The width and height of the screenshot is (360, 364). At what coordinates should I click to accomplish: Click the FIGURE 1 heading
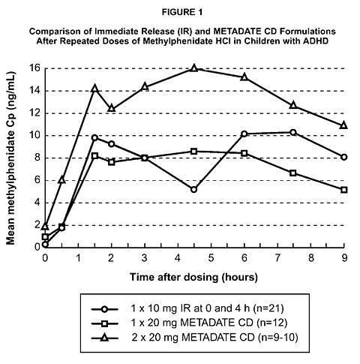point(182,12)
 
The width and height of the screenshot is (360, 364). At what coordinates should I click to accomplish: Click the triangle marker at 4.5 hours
point(194,68)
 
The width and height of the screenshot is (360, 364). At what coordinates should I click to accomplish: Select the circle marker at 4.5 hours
point(193,190)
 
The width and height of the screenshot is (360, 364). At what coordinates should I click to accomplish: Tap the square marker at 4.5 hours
point(194,152)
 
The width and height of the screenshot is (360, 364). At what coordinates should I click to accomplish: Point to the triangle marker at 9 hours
point(344,125)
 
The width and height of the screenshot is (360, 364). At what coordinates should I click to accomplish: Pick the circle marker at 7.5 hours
point(293,132)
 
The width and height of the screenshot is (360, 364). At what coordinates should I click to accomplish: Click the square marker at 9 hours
point(344,190)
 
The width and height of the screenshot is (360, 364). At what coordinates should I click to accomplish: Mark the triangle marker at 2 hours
point(112,108)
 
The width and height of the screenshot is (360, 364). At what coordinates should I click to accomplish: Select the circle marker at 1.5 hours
point(94,137)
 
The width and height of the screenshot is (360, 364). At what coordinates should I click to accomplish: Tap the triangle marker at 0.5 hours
point(61,179)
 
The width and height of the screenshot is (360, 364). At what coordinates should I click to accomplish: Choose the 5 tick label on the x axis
point(211,257)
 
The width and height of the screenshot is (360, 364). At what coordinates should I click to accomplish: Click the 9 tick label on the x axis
point(344,257)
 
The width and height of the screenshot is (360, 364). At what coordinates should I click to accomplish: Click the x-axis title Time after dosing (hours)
point(193,278)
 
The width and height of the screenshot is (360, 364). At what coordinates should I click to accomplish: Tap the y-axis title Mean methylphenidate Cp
point(10,158)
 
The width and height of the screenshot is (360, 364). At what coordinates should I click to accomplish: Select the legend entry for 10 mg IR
point(187,308)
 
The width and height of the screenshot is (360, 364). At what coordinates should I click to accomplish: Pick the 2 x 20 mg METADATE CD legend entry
point(195,338)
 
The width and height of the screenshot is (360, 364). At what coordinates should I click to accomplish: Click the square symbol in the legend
point(104,323)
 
